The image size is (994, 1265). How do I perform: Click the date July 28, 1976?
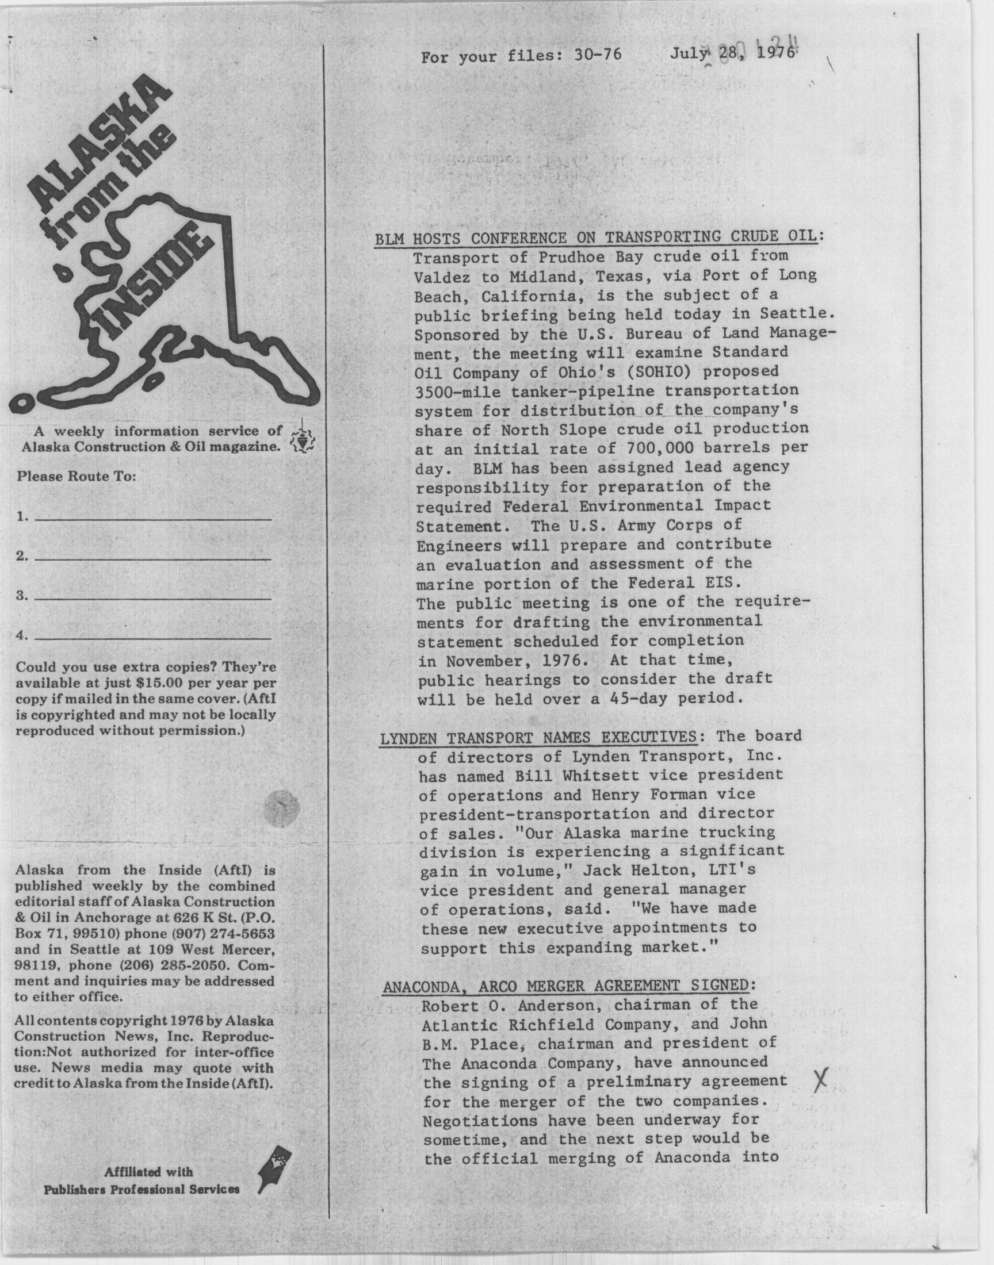[732, 55]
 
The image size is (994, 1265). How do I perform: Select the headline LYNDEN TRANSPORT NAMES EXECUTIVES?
[538, 739]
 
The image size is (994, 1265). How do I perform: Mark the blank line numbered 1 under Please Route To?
[153, 516]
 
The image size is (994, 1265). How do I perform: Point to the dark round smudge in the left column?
[281, 807]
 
